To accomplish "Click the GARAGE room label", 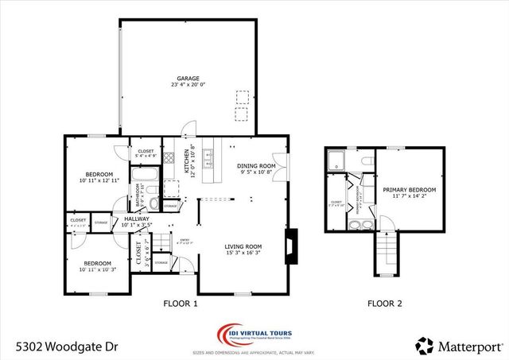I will pyautogui.click(x=188, y=79).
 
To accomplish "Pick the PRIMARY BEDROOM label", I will pyautogui.click(x=410, y=190).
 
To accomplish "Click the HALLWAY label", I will pyautogui.click(x=125, y=219).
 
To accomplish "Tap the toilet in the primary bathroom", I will pyautogui.click(x=367, y=162).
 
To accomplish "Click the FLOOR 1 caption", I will pyautogui.click(x=180, y=304).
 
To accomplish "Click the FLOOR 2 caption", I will pyautogui.click(x=384, y=304).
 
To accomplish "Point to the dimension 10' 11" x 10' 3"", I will pyautogui.click(x=99, y=269).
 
